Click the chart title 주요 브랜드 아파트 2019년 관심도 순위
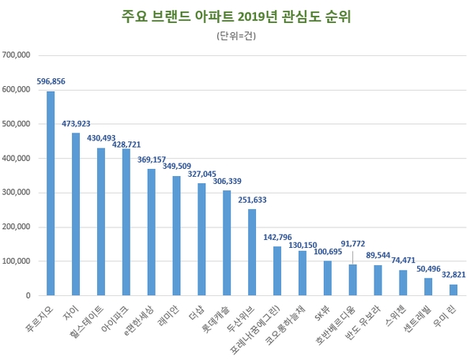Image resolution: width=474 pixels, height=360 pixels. pos(236,16)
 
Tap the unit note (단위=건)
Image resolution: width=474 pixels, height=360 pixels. pos(236,36)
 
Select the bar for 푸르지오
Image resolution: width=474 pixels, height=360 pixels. pos(51,193)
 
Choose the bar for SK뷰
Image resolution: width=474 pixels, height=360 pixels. pos(327,278)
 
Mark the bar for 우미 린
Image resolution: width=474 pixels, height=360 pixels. pos(453,290)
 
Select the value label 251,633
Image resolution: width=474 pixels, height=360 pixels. pos(252,200)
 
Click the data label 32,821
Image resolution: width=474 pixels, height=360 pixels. pos(453,276)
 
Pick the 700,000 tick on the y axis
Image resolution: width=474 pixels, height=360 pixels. pos(17,55)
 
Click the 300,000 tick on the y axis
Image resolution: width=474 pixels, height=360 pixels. pos(17,193)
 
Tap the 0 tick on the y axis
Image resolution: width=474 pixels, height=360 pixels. pos(27,295)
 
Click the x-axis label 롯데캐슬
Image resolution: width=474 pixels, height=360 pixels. pos(215,319)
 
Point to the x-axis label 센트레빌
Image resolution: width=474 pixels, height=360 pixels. pos(417,319)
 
